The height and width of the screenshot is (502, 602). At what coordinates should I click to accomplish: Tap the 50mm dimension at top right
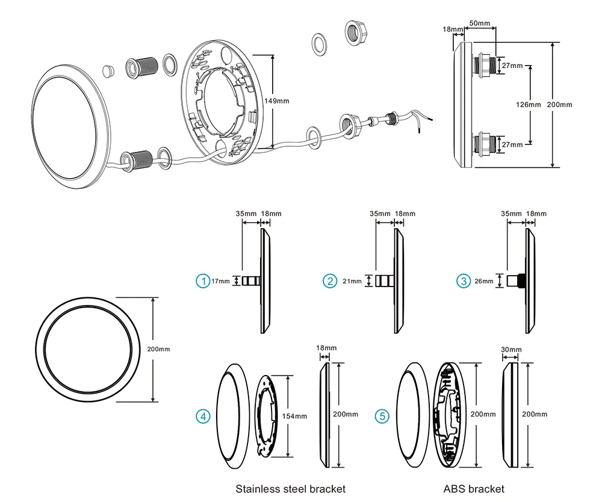click(479, 23)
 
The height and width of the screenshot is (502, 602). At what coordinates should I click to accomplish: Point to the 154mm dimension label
click(296, 416)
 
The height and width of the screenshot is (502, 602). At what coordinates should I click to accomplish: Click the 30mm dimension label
click(511, 350)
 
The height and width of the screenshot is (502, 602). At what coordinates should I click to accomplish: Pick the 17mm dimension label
click(220, 281)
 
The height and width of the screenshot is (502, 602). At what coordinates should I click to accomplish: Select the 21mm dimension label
click(352, 281)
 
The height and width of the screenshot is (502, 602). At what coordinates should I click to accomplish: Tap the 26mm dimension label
click(483, 281)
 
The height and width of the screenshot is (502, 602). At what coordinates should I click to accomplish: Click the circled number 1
click(203, 281)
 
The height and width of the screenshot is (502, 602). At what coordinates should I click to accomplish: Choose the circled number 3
click(463, 281)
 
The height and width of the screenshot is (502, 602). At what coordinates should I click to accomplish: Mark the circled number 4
click(203, 416)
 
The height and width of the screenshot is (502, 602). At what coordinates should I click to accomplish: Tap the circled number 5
click(382, 416)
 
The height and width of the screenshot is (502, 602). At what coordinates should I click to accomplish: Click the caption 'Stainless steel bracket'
click(290, 489)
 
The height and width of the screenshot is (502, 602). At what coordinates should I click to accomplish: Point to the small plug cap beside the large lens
click(109, 70)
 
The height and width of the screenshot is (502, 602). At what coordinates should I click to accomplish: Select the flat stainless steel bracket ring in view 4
click(268, 415)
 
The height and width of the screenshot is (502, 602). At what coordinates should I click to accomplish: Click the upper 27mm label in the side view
click(513, 65)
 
